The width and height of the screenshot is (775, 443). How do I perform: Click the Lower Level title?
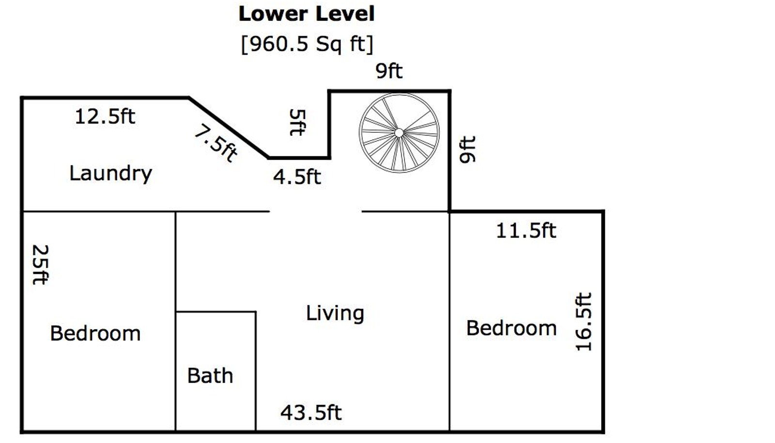[x=307, y=14]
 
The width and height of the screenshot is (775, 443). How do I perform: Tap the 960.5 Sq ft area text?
[x=307, y=44]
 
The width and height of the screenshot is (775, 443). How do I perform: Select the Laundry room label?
[x=111, y=174]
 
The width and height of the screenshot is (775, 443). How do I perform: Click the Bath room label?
[x=210, y=376]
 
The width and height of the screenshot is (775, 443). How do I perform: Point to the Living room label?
[x=335, y=314]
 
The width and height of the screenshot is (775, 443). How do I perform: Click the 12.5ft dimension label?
[x=105, y=116]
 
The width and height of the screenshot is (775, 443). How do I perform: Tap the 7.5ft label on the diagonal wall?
[x=216, y=143]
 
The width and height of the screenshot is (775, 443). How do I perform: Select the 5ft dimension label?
[x=297, y=122]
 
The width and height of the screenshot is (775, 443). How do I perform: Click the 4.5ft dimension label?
[x=297, y=177]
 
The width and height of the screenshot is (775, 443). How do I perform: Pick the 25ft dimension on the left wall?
[x=40, y=265]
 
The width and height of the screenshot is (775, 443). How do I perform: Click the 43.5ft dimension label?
[x=311, y=412]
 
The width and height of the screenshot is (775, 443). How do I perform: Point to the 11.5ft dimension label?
[x=526, y=231]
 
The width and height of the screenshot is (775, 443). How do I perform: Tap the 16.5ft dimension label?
[x=584, y=322]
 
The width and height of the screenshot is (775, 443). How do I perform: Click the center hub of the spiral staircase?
[x=399, y=132]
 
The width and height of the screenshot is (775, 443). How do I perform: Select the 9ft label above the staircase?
[x=389, y=71]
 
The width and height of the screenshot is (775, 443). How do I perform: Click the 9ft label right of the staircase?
[x=467, y=149]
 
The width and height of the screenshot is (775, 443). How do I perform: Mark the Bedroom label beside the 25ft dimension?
[x=95, y=333]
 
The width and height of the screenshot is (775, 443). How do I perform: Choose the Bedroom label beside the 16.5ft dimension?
[x=511, y=328]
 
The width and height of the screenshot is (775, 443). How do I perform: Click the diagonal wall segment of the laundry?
[x=229, y=127]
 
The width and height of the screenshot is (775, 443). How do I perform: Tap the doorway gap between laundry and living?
[x=315, y=211]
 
